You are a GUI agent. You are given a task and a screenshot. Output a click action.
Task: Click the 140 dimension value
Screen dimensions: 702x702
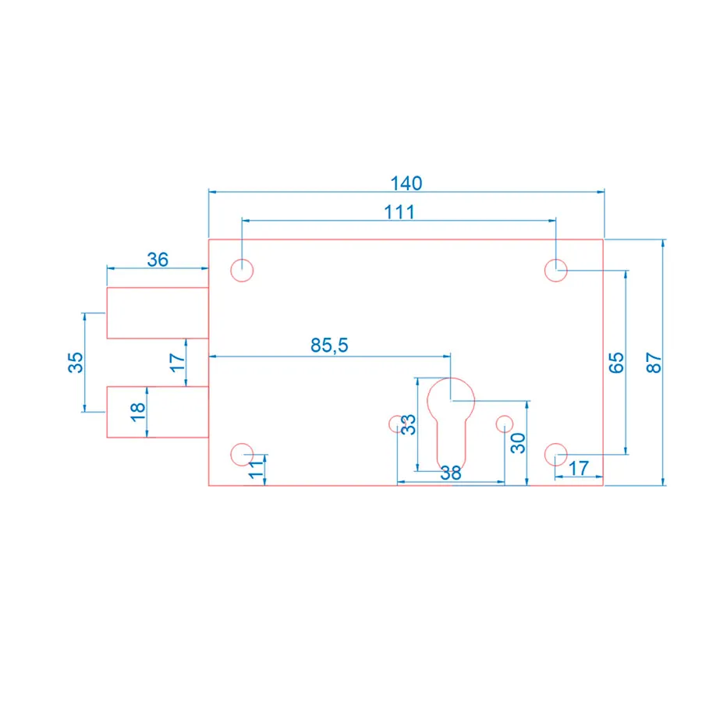pyautogui.click(x=406, y=183)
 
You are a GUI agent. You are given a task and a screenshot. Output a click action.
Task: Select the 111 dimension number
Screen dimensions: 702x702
pyautogui.click(x=399, y=211)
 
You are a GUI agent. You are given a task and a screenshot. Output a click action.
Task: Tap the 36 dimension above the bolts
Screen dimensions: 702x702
pyautogui.click(x=158, y=260)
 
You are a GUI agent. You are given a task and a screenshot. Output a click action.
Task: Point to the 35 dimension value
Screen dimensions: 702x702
pyautogui.click(x=76, y=362)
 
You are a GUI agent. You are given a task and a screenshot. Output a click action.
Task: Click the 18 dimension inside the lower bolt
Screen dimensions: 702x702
pyautogui.click(x=138, y=412)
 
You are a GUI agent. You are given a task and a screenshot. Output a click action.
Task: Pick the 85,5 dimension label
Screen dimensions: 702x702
pyautogui.click(x=329, y=346)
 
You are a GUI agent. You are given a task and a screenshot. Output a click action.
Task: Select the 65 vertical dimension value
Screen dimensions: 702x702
pyautogui.click(x=616, y=363)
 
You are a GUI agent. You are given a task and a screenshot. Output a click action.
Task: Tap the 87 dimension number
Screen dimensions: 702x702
pyautogui.click(x=654, y=363)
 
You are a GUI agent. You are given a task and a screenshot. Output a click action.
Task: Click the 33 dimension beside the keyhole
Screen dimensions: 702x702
pyautogui.click(x=408, y=424)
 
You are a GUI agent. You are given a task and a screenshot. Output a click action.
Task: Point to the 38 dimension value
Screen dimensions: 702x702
pyautogui.click(x=450, y=473)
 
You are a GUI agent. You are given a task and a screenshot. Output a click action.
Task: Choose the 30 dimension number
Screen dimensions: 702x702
pyautogui.click(x=518, y=443)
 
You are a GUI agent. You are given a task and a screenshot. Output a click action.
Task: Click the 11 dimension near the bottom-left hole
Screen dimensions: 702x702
pyautogui.click(x=256, y=469)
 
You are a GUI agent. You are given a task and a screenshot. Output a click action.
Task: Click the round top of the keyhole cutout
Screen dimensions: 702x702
pyautogui.click(x=451, y=378)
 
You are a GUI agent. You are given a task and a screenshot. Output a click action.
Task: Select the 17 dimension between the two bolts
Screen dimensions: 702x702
pyautogui.click(x=177, y=363)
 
